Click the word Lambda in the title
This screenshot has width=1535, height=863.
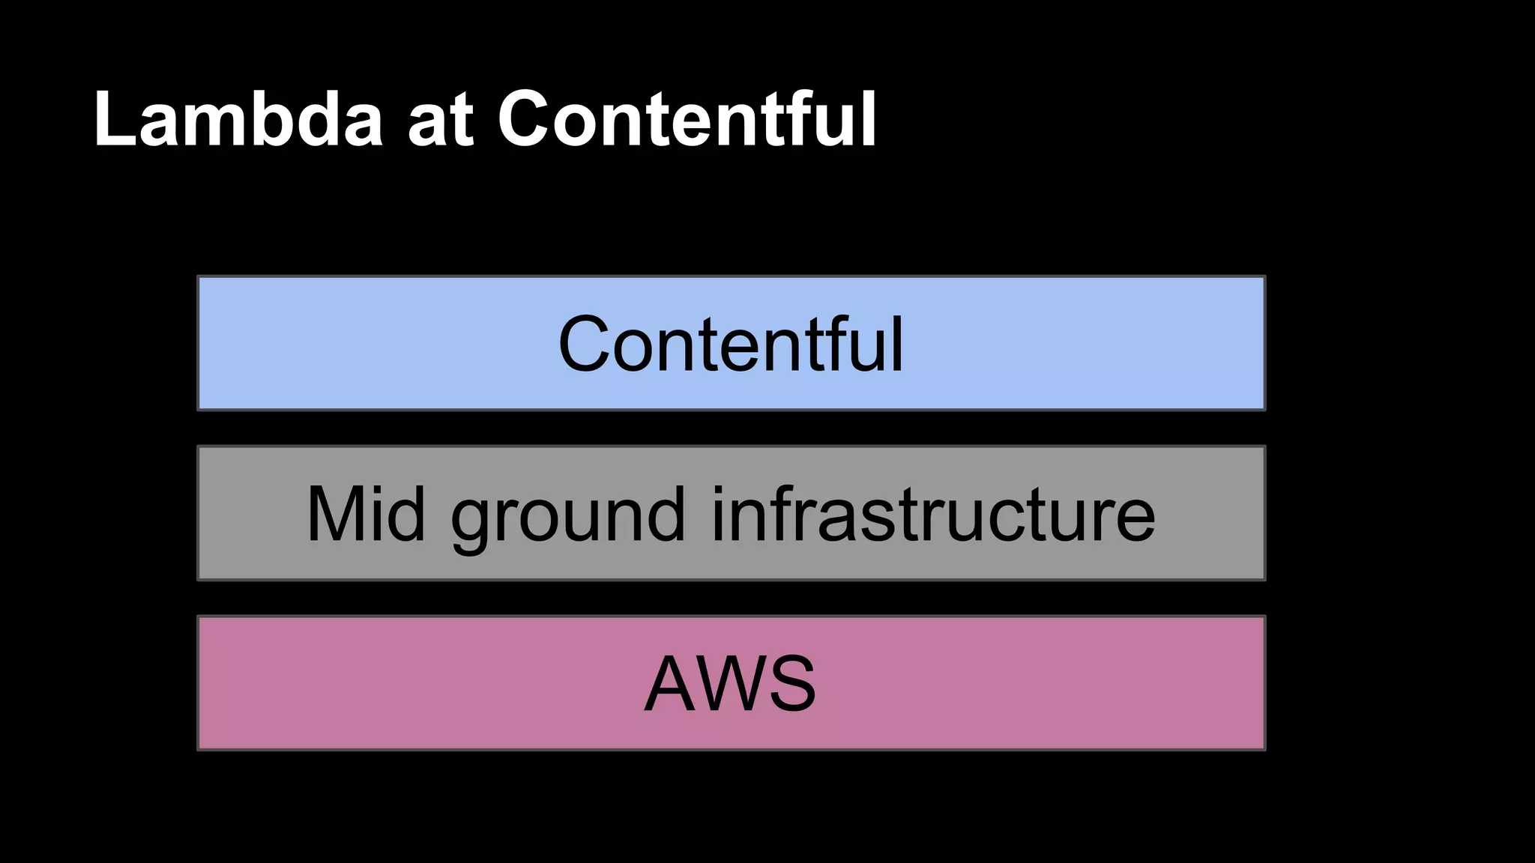238,120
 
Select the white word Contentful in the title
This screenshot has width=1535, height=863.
687,120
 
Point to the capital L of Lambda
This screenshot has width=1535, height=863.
112,120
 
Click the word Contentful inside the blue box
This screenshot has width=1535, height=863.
731,344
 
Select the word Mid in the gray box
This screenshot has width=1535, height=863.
367,514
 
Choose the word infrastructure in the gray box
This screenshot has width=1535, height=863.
933,514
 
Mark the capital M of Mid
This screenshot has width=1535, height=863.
334,514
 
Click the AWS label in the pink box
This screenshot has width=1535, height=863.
730,683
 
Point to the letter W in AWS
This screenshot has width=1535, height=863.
732,684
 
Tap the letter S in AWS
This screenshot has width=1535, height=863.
791,684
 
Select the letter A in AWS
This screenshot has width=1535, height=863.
671,684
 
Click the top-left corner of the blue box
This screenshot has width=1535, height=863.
199,277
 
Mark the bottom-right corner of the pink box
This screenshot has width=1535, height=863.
1264,748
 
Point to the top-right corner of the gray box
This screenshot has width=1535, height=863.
1264,447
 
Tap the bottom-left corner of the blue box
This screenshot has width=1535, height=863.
199,409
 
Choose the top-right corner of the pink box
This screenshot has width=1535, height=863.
1264,617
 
